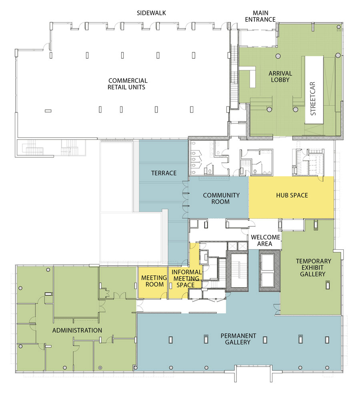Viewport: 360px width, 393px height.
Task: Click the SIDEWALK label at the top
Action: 151,13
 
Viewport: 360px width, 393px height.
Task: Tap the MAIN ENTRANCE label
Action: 260,16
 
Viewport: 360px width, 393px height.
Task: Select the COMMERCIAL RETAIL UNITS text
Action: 128,84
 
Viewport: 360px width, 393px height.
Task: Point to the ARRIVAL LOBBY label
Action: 280,76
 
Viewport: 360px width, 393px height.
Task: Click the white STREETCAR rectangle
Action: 314,90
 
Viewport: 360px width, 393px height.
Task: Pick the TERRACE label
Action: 164,173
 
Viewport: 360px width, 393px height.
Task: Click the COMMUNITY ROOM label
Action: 221,198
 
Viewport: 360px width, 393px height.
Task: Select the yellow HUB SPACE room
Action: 291,197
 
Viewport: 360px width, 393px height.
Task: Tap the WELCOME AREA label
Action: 265,240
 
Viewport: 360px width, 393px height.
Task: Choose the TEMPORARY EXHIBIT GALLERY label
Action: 314,267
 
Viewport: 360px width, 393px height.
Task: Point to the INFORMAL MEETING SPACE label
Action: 186,278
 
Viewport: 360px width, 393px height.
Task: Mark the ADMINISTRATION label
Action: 77,330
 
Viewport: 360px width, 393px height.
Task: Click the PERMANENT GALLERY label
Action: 238,339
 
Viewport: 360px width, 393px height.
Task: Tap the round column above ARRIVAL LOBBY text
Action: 278,56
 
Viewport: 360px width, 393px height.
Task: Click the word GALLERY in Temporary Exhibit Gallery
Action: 313,274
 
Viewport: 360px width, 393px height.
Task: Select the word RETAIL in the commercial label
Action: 117,87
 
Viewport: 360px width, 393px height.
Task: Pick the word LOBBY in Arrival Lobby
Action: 280,80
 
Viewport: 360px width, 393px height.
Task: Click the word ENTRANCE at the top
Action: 260,19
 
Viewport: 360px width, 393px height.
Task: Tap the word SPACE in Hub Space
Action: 299,195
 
